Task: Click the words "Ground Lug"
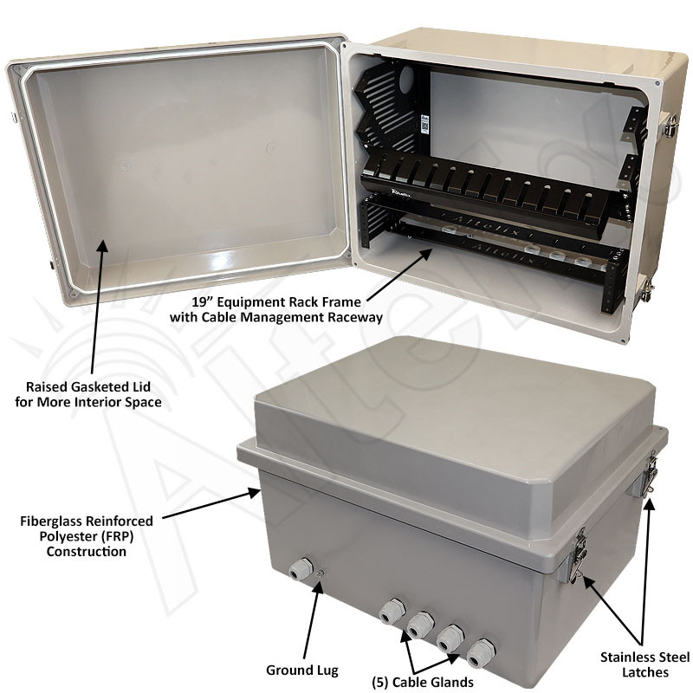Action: (x=302, y=670)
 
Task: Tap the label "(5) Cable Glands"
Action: (x=423, y=682)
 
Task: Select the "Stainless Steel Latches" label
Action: (x=644, y=664)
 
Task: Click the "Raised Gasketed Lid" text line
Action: (x=88, y=386)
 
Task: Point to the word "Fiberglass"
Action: (x=49, y=521)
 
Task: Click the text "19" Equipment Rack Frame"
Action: (x=276, y=301)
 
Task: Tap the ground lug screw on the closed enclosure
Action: (x=321, y=573)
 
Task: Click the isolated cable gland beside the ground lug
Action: (x=300, y=569)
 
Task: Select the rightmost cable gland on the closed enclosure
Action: (x=481, y=653)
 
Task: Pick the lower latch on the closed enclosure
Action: (x=578, y=554)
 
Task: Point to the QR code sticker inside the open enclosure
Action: (x=424, y=125)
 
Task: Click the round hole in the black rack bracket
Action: (x=406, y=78)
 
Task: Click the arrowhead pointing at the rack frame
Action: (x=427, y=254)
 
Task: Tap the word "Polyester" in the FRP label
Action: (x=67, y=536)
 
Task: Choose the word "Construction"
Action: (x=87, y=552)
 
